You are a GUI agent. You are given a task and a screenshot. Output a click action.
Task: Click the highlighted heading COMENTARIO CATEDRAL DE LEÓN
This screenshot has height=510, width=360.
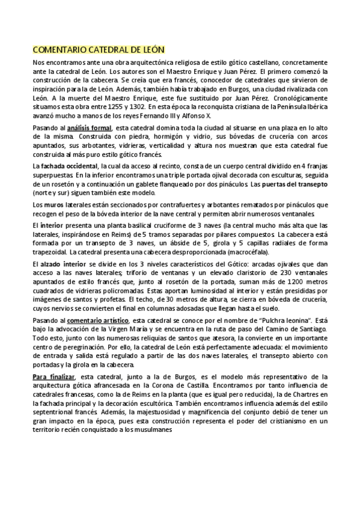[98, 49]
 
